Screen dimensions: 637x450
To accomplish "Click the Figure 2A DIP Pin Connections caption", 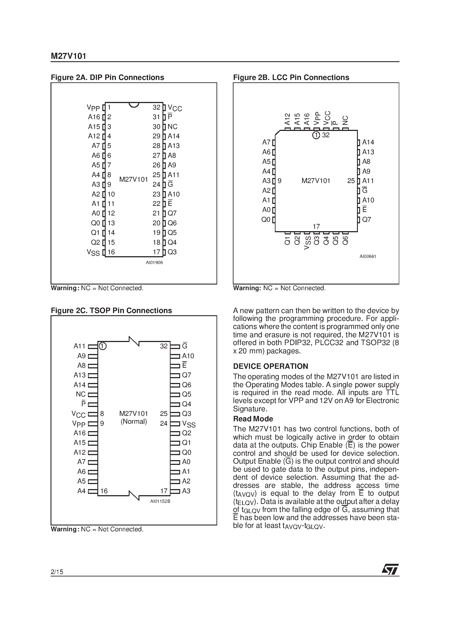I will [107, 77].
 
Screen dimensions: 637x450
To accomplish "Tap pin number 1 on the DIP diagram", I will [109, 107].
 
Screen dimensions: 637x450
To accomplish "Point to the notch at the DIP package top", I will [134, 105].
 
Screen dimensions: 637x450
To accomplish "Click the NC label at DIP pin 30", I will [172, 127].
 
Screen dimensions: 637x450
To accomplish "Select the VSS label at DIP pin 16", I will [93, 252].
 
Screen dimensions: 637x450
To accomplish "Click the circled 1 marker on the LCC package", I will [316, 135].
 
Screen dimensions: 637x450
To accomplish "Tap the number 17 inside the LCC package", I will [316, 227].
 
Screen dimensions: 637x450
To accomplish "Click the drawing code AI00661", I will [368, 257].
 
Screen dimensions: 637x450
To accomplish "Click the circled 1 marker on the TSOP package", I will [103, 346].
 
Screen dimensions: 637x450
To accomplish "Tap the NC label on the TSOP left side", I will [81, 394].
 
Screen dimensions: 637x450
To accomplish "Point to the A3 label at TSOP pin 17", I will [186, 491].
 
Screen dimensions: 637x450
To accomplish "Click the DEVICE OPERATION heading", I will [271, 366].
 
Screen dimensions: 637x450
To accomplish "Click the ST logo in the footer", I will [390, 569].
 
